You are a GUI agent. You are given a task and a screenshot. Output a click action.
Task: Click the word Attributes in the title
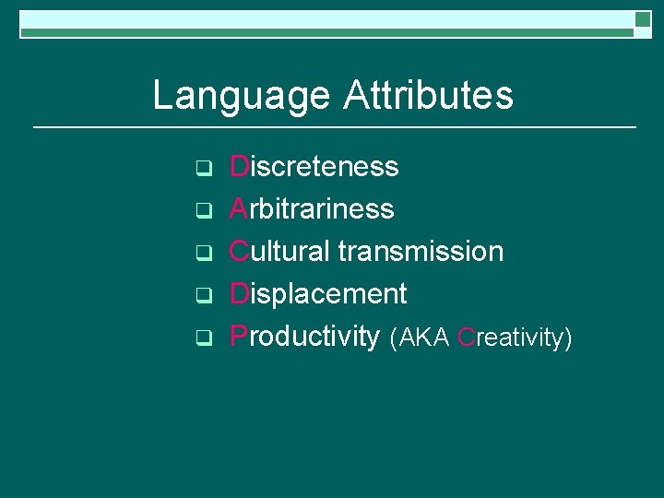(428, 95)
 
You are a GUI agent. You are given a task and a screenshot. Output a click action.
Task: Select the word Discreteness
(314, 167)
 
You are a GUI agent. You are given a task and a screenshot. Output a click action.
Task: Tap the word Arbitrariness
(312, 209)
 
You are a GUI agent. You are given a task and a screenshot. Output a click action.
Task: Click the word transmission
(421, 252)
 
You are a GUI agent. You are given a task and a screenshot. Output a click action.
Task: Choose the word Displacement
(318, 294)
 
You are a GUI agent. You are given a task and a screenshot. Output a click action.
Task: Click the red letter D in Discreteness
(239, 167)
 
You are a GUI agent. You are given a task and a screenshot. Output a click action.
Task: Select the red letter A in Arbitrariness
(239, 209)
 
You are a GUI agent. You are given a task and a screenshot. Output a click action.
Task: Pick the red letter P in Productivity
(239, 337)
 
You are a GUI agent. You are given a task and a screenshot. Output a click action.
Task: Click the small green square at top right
(643, 19)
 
